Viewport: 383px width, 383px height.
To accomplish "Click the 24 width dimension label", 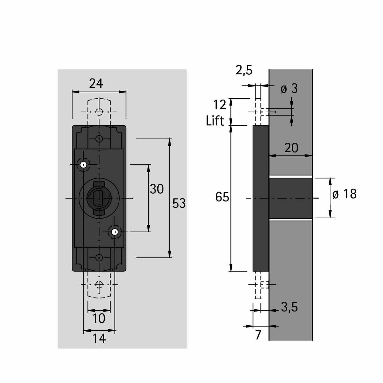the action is pyautogui.click(x=96, y=84).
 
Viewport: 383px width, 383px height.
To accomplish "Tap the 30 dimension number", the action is pyautogui.click(x=157, y=189).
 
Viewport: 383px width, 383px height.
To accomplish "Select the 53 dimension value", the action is pyautogui.click(x=179, y=203).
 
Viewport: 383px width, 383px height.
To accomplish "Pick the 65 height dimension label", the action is pyautogui.click(x=222, y=197).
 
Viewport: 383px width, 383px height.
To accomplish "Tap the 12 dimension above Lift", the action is pyautogui.click(x=220, y=105).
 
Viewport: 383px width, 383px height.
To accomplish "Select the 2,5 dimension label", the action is pyautogui.click(x=244, y=70).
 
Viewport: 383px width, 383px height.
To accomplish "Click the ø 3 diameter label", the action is pyautogui.click(x=289, y=88).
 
